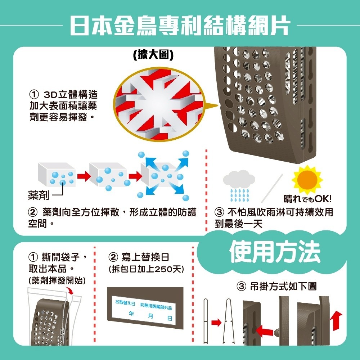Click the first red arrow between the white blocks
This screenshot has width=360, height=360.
pyautogui.click(x=83, y=176)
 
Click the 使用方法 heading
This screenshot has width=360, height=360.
pyautogui.click(x=275, y=252)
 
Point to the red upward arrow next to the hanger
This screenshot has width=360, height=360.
pyautogui.click(x=337, y=321)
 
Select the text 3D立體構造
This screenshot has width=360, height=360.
pyautogui.click(x=70, y=95)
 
